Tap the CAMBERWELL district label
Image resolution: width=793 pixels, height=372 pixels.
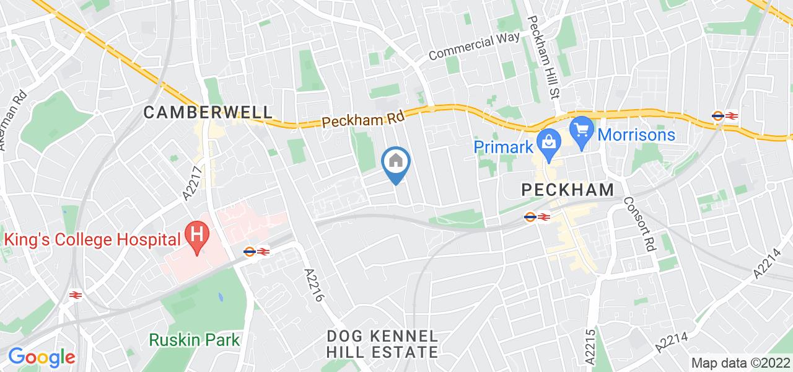coord(208,112)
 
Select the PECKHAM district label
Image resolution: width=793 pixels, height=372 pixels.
coord(567,190)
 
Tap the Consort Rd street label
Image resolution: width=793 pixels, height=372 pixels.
coord(639,223)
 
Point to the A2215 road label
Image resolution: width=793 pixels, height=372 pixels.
coord(589,346)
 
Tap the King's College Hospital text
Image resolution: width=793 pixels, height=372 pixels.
coord(93,238)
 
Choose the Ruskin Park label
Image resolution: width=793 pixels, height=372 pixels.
coord(195,340)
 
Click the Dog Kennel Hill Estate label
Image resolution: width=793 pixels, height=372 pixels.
coord(383,344)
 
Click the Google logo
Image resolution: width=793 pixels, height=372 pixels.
coord(42,357)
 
